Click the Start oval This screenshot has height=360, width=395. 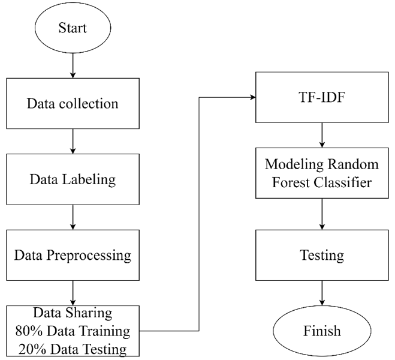pos(73,28)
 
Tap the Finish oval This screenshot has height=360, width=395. pos(322,331)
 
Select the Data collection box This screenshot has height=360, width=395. pos(73,103)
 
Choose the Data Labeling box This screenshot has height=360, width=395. pos(73,179)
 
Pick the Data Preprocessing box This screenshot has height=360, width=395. pos(73,255)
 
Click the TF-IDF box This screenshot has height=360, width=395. pos(322,97)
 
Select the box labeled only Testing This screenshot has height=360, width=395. pos(322,255)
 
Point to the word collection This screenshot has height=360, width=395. pos(89,103)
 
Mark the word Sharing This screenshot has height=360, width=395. pos(89,313)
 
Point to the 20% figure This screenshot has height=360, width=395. pos(31,349)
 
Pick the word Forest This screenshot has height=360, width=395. pos(291,182)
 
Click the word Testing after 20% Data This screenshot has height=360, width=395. pos(105,349)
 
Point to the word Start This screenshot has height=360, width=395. pos(73,28)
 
